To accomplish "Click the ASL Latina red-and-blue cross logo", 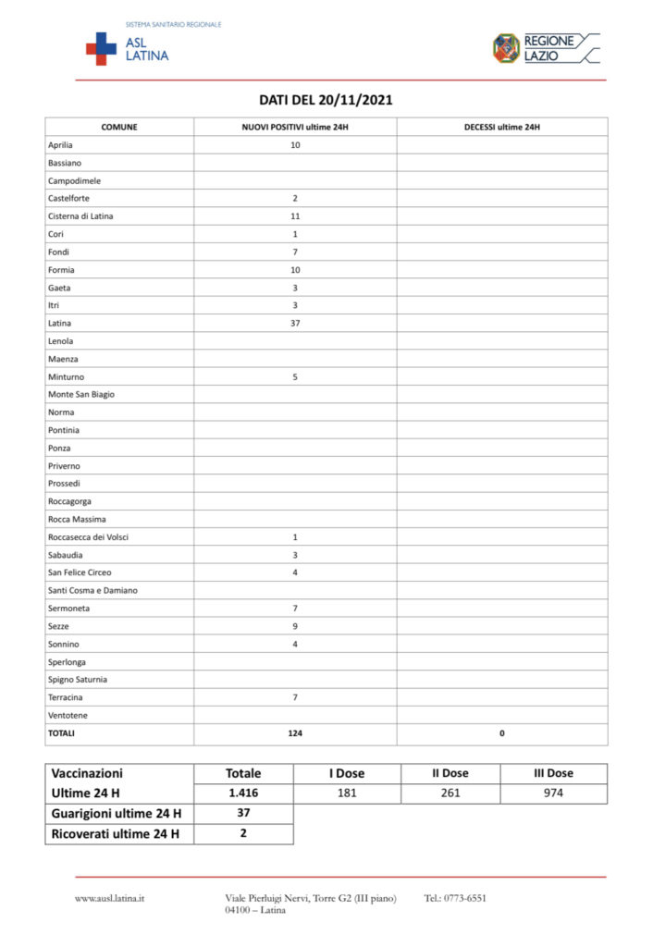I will point(101,48).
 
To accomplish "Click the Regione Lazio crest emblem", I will point(506,48).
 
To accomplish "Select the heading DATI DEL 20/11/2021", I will point(326,100).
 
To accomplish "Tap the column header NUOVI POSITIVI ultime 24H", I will point(295,127).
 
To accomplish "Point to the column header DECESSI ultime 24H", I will point(501,127).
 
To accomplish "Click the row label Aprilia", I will point(60,145).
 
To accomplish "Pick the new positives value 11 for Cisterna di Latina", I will point(295,216).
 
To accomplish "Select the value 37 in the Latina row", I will point(295,324).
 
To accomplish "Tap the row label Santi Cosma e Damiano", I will point(92,590).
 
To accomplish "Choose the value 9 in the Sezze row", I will point(295,626).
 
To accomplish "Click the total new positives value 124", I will point(295,733).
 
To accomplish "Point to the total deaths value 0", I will point(502,733).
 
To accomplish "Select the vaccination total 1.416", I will point(243,793).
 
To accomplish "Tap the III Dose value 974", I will point(553,793).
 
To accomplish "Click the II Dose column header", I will point(450,773).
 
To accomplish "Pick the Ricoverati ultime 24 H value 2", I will point(243,834).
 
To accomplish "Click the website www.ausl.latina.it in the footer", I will point(109,898).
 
